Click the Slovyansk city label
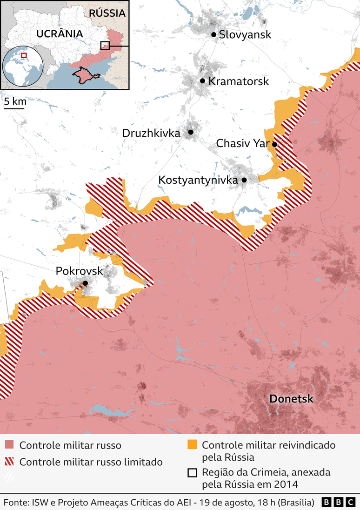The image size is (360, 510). [245, 34]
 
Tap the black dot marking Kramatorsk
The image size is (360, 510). [203, 81]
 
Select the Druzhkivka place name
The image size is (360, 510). [151, 133]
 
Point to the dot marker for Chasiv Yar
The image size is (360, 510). [274, 144]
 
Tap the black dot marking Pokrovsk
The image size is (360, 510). [85, 283]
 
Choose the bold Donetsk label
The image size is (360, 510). [291, 399]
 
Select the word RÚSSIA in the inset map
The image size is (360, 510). [108, 13]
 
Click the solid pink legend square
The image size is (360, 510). [9, 445]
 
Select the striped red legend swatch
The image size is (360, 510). [9, 462]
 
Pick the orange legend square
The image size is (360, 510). [192, 445]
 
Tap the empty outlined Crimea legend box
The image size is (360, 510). [192, 473]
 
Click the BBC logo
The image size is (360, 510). [339, 503]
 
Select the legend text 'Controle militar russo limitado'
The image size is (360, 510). [91, 462]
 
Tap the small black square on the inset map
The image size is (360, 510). [105, 46]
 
